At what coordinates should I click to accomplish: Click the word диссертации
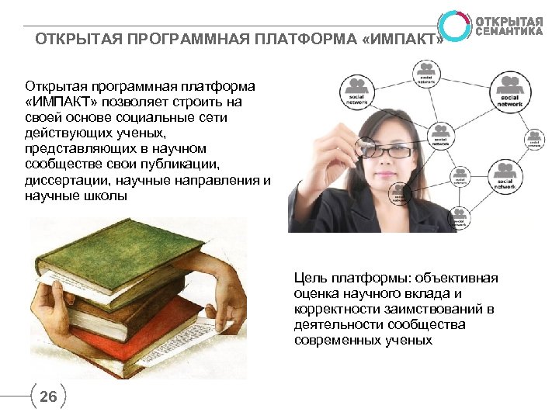pyautogui.click(x=64, y=179)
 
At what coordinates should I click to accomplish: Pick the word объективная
pyautogui.click(x=457, y=278)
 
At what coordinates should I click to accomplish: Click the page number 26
pyautogui.click(x=47, y=397)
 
